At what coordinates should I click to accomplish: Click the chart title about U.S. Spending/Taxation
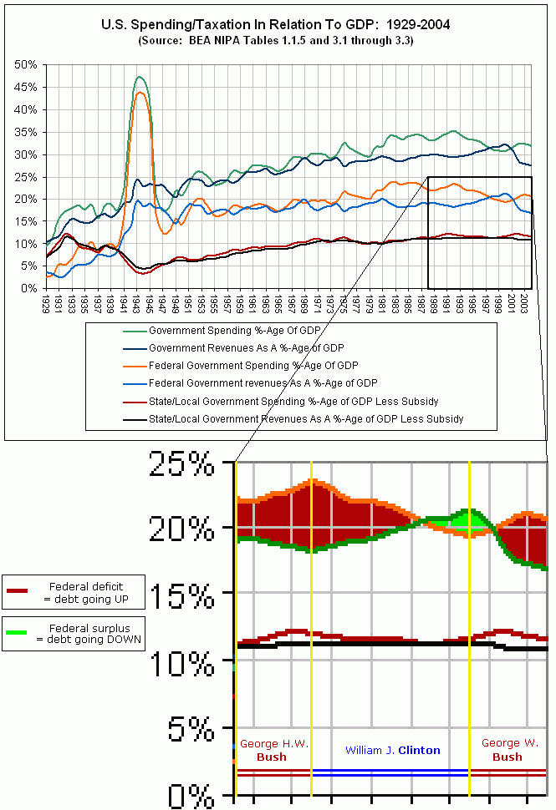point(276,25)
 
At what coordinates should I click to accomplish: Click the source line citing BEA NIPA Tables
point(276,40)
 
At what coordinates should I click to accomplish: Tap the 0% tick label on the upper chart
point(28,288)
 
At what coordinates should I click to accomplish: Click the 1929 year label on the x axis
point(46,302)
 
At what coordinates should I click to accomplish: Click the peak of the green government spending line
point(139,77)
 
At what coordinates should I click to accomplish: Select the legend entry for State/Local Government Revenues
point(305,419)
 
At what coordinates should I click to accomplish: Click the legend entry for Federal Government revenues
point(263,383)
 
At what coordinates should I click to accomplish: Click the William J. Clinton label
point(392,750)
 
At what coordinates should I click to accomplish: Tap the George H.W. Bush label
point(273,750)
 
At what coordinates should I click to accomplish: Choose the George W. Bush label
point(507,750)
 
